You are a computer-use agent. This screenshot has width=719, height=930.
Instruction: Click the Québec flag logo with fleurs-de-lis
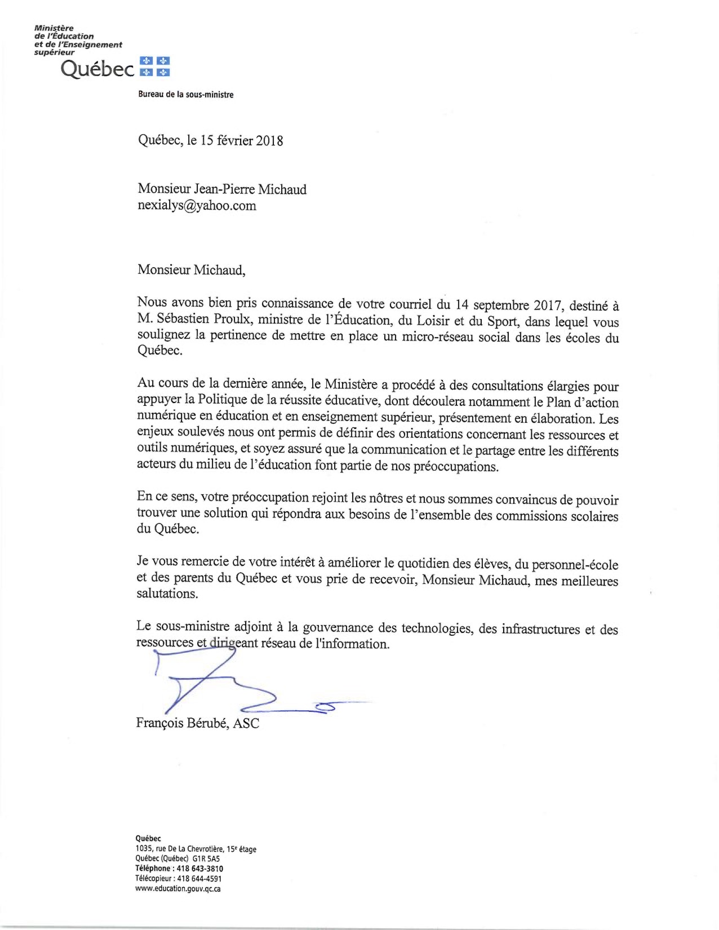154,67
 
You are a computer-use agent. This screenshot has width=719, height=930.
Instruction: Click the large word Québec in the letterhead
97,69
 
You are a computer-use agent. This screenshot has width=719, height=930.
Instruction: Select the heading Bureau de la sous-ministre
185,95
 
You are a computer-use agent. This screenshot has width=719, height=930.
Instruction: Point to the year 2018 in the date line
269,140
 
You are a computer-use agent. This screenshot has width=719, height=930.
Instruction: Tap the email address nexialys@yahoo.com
197,205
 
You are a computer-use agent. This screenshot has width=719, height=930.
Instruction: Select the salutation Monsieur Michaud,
192,269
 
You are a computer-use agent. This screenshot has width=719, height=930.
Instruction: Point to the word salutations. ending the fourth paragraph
167,594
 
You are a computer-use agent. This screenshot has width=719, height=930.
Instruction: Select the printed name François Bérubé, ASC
198,723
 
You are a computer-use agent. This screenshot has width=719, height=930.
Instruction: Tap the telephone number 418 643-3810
199,869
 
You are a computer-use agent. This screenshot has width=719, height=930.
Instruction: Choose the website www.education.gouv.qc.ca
178,889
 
